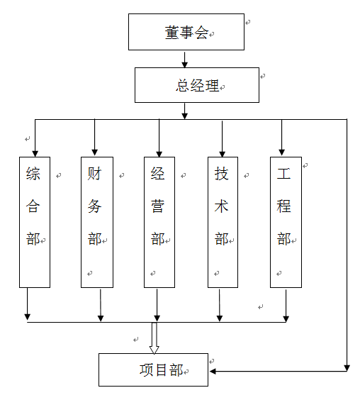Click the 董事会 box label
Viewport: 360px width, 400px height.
click(186, 33)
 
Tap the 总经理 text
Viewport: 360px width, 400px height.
click(197, 85)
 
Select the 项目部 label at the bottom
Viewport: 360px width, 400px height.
click(161, 370)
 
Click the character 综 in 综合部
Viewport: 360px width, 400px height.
click(33, 174)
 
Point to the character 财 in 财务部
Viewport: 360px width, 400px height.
click(94, 174)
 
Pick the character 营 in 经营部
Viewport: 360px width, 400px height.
click(158, 206)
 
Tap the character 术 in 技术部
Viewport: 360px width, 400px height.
click(221, 206)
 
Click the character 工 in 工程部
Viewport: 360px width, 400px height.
click(283, 174)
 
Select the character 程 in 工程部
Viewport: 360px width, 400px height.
click(283, 206)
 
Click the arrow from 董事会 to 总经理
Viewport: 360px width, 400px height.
click(184, 60)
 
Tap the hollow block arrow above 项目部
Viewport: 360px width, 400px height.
click(154, 338)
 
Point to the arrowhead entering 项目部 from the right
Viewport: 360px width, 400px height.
click(213, 371)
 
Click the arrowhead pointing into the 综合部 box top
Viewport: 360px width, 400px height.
click(35, 154)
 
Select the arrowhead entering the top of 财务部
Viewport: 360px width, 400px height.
click(94, 152)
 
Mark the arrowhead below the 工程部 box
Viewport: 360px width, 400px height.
click(286, 319)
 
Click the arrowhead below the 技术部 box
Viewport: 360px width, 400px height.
click(220, 318)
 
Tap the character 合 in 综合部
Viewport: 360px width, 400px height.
click(33, 206)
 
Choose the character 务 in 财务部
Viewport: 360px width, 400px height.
click(94, 206)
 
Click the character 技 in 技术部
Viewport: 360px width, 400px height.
click(221, 174)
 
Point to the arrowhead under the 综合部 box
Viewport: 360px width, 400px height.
click(27, 317)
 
